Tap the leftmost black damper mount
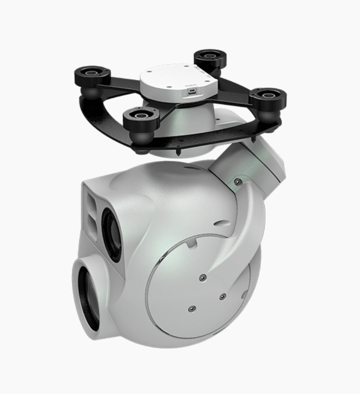pyautogui.click(x=93, y=74)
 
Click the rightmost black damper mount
pyautogui.click(x=268, y=96)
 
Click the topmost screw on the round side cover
pyautogui.click(x=202, y=277)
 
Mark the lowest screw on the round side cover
pyautogui.click(x=190, y=309)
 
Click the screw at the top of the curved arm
pyautogui.click(x=237, y=182)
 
